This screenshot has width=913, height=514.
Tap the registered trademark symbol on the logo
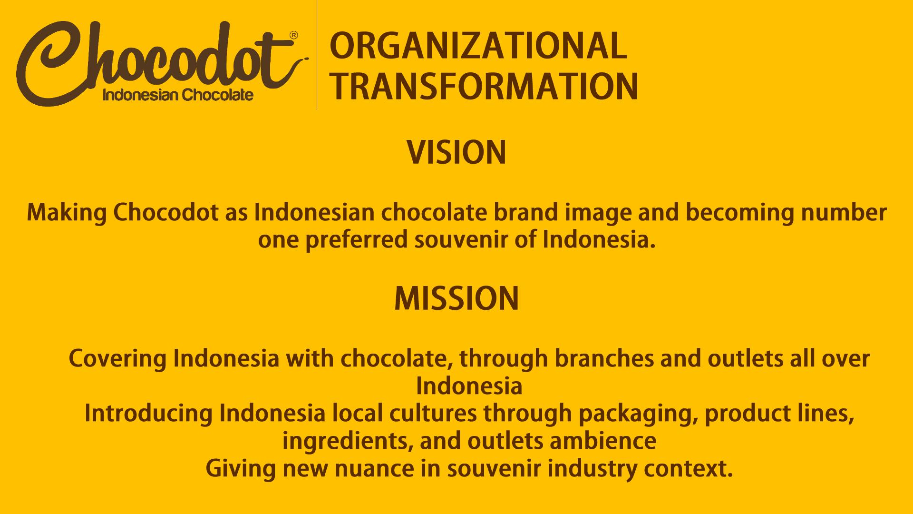294,35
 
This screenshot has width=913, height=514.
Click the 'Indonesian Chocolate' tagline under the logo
178,95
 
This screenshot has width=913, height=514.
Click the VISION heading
456,153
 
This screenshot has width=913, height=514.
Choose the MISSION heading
456,299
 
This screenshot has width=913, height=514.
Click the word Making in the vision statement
67,213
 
